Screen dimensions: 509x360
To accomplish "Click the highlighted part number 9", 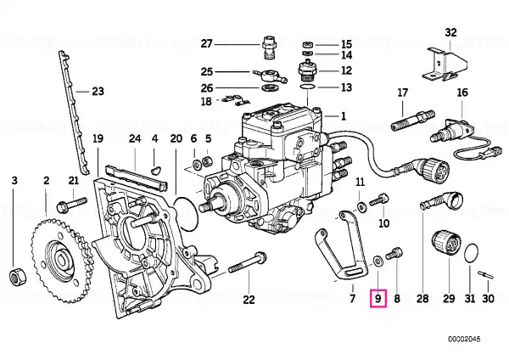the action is (x=378, y=298).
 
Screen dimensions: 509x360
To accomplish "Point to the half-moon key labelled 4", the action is (x=155, y=168).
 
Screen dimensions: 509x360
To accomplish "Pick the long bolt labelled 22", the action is (x=248, y=263).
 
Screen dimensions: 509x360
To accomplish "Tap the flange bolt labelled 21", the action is (x=71, y=205).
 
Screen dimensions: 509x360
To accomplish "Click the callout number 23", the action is (x=98, y=92).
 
